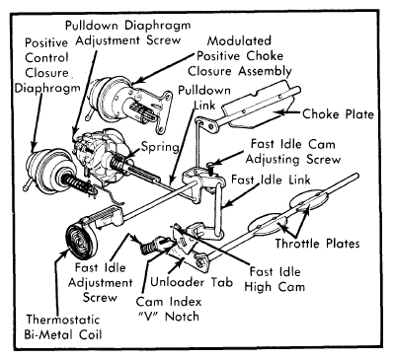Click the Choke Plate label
(338, 114)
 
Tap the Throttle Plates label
(317, 244)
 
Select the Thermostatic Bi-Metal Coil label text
(63, 327)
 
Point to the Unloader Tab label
(192, 282)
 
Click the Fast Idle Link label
(271, 180)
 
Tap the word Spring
(160, 147)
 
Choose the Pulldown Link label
(204, 98)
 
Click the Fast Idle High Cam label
(275, 279)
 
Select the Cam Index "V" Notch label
(168, 309)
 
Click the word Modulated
(239, 40)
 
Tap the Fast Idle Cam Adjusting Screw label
(293, 152)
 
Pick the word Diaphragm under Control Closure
(47, 88)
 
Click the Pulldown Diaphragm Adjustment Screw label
(128, 33)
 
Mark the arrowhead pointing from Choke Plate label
(277, 112)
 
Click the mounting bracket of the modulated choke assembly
(162, 111)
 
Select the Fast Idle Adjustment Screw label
(100, 283)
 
